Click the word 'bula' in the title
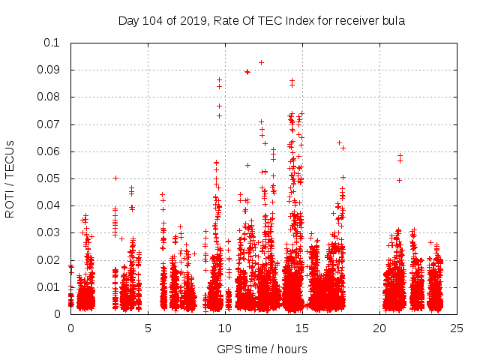tap(394, 21)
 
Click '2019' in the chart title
tap(191, 21)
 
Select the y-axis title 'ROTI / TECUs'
tap(10, 178)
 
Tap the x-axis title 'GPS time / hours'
tap(262, 349)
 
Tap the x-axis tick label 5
tap(148, 328)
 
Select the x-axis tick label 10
tap(225, 328)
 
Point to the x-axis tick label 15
tap(302, 328)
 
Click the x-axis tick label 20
tap(379, 328)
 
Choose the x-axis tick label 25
tap(457, 328)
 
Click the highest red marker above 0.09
tap(261, 62)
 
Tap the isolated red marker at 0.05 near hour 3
tap(115, 178)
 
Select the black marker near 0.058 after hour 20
tap(400, 156)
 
